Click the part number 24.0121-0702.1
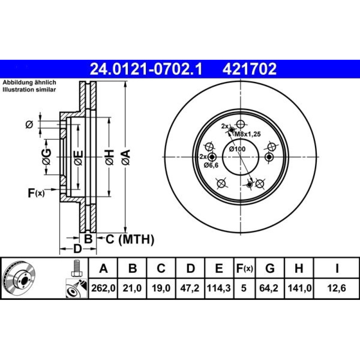(x=146, y=69)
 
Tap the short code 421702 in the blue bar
(x=249, y=69)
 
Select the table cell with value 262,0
(x=103, y=288)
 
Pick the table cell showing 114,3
(x=219, y=288)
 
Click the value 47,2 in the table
(x=190, y=288)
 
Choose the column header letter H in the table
(x=299, y=268)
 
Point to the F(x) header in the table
(x=244, y=268)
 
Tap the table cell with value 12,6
(x=337, y=288)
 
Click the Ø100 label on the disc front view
(x=237, y=149)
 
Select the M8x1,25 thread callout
(x=248, y=134)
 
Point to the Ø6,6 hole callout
(x=211, y=165)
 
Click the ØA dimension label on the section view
(x=126, y=157)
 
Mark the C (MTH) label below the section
(x=130, y=239)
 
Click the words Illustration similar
(x=29, y=90)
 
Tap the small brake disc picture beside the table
(x=20, y=279)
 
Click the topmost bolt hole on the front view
(x=240, y=125)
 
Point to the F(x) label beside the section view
(x=36, y=193)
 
